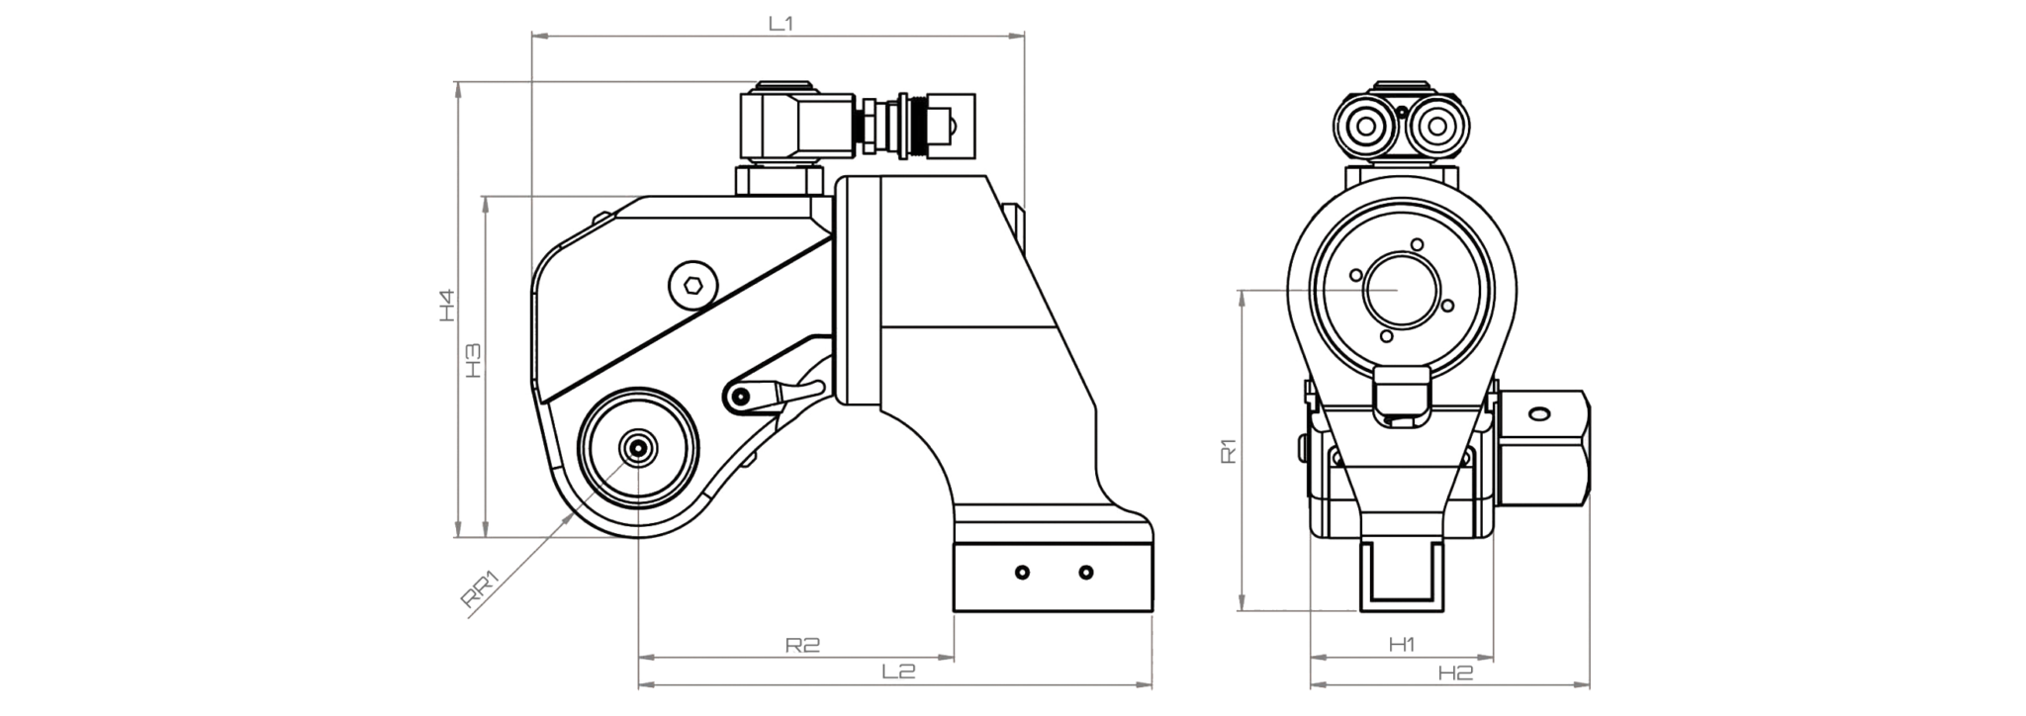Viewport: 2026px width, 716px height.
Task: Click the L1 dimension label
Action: pos(782,24)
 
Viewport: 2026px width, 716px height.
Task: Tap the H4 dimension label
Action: pos(447,305)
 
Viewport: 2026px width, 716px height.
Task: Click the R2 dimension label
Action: pos(803,645)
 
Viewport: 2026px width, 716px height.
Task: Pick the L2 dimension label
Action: pos(898,671)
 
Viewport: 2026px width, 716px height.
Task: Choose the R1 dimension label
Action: pos(1229,451)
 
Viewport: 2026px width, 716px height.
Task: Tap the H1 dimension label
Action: pos(1402,645)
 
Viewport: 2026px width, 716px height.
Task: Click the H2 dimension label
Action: pos(1455,672)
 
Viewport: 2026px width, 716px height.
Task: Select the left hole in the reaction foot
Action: pos(1022,573)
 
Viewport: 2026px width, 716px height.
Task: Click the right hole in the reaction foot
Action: pos(1086,573)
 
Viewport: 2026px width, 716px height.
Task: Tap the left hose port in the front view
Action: pos(1369,127)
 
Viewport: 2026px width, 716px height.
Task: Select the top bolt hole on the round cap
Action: pos(1418,244)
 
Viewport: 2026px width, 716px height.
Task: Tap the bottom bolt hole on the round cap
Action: pos(1387,336)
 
